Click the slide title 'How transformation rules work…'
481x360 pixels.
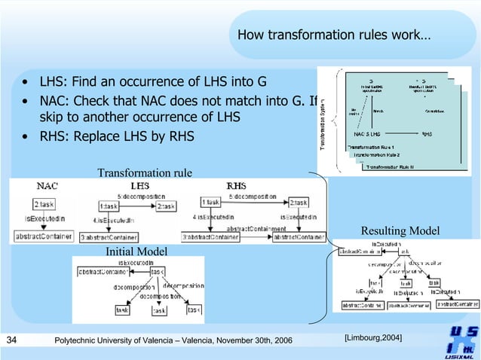(334, 35)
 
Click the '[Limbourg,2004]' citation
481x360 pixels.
(372, 336)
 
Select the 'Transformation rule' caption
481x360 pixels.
(144, 173)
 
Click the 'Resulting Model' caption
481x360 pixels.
(400, 230)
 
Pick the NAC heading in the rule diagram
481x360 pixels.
(47, 185)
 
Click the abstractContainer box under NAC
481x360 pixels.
(44, 236)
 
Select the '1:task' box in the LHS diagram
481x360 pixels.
(109, 205)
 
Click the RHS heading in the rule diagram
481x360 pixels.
(236, 185)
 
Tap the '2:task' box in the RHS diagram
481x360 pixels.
(297, 203)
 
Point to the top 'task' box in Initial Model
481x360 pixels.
(158, 272)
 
